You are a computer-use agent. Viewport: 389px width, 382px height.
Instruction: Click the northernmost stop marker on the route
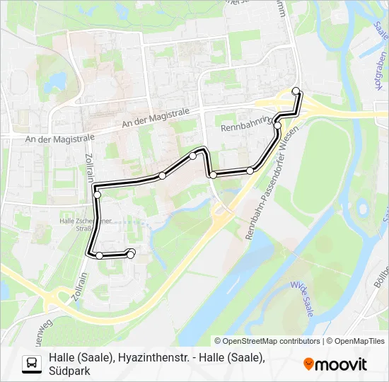pyautogui.click(x=296, y=90)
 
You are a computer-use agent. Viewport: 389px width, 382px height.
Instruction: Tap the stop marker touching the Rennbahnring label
pyautogui.click(x=278, y=126)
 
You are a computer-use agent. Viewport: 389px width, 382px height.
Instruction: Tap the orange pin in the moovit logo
pyautogui.click(x=308, y=364)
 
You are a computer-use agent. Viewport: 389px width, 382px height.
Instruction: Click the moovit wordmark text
pyautogui.click(x=341, y=364)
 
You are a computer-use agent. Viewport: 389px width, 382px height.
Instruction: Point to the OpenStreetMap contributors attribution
pyautogui.click(x=267, y=341)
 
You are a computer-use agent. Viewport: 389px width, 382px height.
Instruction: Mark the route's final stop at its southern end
pyautogui.click(x=131, y=253)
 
